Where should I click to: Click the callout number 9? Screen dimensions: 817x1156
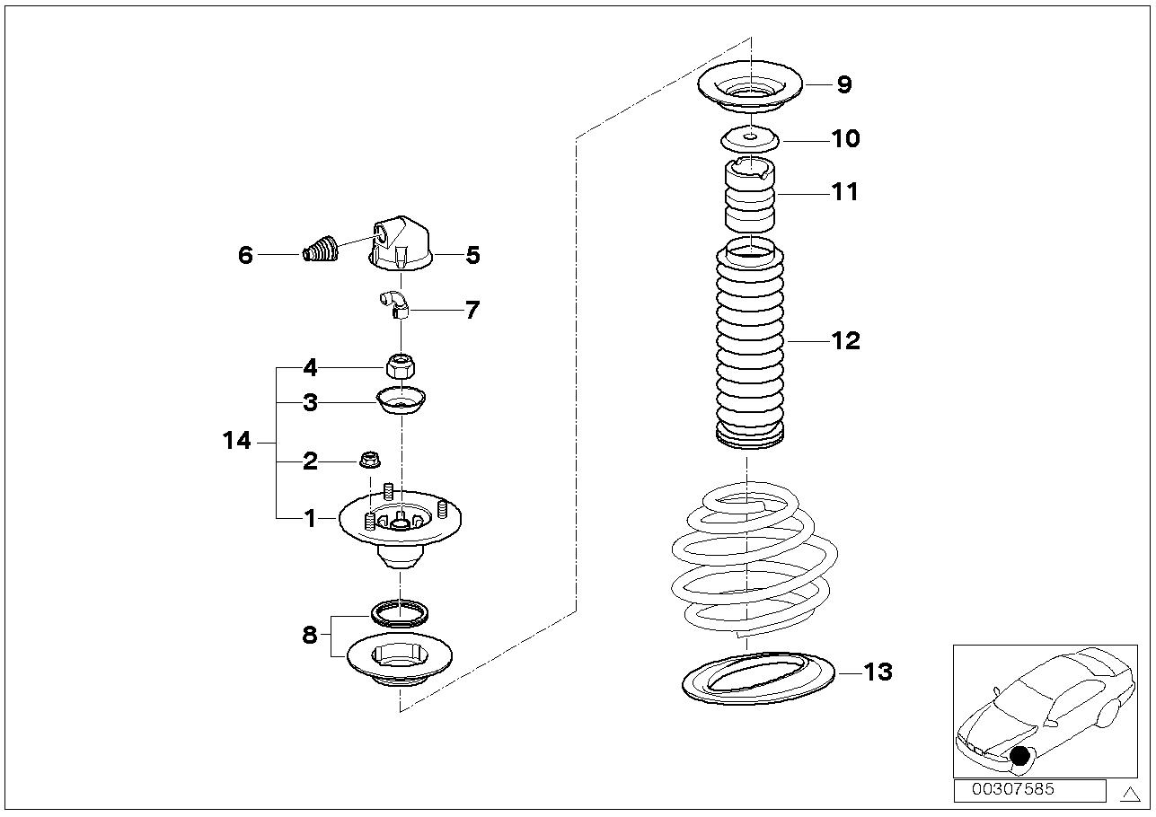(x=843, y=84)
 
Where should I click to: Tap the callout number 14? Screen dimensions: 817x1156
(x=237, y=441)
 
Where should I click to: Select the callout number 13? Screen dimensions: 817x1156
(x=878, y=672)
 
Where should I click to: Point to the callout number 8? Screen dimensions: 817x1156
(x=310, y=636)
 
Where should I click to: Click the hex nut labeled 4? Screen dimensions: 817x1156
(x=399, y=365)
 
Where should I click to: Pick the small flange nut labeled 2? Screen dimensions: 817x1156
(x=367, y=460)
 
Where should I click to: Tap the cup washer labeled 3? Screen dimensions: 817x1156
(x=401, y=400)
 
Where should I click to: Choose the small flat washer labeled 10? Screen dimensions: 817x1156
(x=749, y=139)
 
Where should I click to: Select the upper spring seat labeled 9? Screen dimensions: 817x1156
(x=749, y=89)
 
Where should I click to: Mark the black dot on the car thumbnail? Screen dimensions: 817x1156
(x=1019, y=756)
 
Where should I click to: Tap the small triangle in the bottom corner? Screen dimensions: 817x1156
(x=1131, y=792)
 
